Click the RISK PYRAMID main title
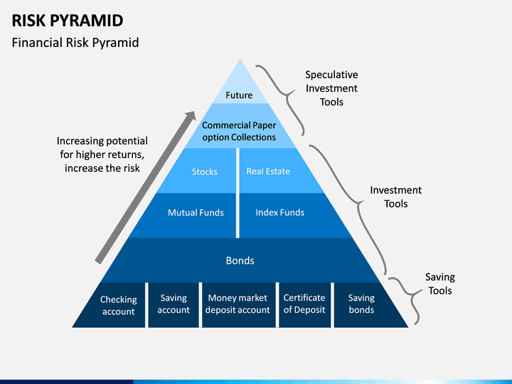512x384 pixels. tap(68, 21)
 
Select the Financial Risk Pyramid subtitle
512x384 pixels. tap(75, 43)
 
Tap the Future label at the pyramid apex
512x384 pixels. tap(239, 95)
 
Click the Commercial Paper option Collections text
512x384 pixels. tap(239, 132)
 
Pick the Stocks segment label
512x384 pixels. tap(204, 172)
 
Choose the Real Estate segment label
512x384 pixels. tap(268, 171)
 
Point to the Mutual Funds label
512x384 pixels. tap(196, 213)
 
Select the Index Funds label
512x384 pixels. tap(280, 213)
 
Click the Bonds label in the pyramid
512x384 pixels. tap(240, 260)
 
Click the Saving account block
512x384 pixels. tap(174, 305)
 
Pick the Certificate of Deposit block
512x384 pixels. tap(304, 305)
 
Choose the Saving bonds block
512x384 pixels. tap(366, 305)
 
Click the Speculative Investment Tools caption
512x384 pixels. tap(331, 88)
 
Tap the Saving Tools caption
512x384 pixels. tap(440, 284)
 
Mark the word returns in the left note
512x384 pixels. tap(125, 154)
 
